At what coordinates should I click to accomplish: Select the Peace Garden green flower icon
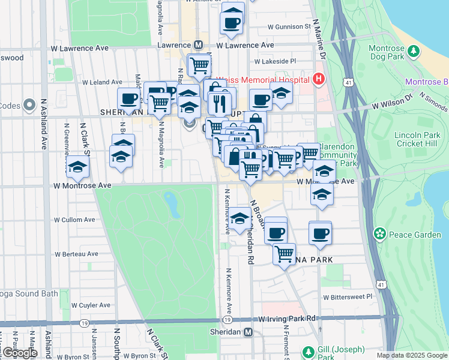click(379, 233)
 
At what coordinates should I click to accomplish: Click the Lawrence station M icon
click(199, 45)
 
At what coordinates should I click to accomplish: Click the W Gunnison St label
click(289, 27)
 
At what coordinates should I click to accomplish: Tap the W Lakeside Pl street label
click(276, 61)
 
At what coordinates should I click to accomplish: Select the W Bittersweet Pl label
click(348, 296)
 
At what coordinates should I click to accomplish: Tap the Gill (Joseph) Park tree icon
click(308, 351)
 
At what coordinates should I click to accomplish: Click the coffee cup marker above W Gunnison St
click(232, 22)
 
